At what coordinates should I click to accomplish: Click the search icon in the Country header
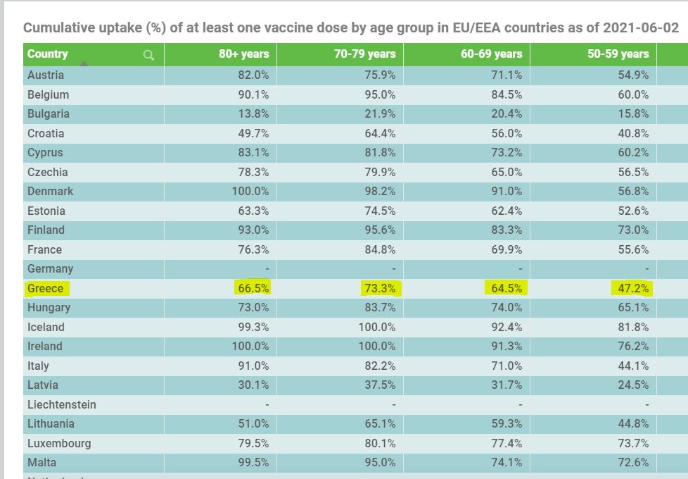pyautogui.click(x=148, y=55)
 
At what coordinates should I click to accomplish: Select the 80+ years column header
pyautogui.click(x=243, y=54)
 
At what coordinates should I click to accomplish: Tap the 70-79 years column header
pyautogui.click(x=364, y=54)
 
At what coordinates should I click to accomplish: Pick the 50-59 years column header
pyautogui.click(x=618, y=54)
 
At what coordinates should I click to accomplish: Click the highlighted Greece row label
pyautogui.click(x=46, y=288)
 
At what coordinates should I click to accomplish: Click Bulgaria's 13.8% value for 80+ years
pyautogui.click(x=254, y=114)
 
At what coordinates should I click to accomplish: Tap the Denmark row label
pyautogui.click(x=51, y=192)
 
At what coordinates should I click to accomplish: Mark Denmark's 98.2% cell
pyautogui.click(x=381, y=192)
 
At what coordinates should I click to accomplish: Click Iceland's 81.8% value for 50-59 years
pyautogui.click(x=634, y=327)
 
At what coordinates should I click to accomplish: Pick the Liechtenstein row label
pyautogui.click(x=62, y=404)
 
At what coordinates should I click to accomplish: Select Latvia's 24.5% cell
pyautogui.click(x=634, y=385)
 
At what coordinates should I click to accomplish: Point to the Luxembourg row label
pyautogui.click(x=59, y=443)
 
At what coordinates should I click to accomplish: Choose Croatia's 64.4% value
pyautogui.click(x=381, y=134)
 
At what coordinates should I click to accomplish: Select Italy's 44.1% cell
pyautogui.click(x=634, y=366)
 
